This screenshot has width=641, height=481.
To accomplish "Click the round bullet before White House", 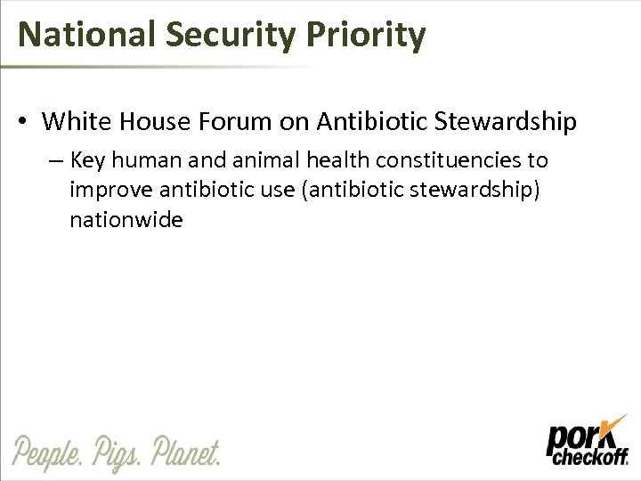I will tap(27, 120).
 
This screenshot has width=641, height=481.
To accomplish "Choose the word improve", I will tap(110, 191).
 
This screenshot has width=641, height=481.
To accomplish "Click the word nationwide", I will tap(126, 219).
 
